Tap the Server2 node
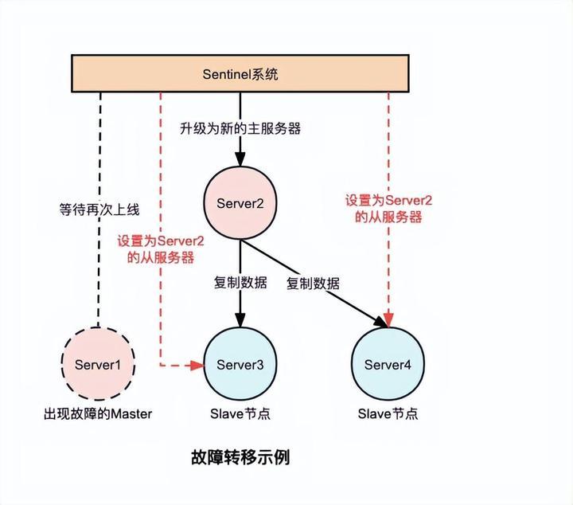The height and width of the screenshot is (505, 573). click(x=240, y=203)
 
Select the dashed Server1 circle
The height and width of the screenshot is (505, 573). click(x=99, y=365)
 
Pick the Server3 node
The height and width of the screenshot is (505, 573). click(x=240, y=365)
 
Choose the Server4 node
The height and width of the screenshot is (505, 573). click(x=388, y=365)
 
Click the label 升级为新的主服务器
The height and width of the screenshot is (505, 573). click(x=241, y=128)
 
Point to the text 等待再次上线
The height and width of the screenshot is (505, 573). click(x=99, y=210)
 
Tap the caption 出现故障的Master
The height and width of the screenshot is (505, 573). click(x=98, y=413)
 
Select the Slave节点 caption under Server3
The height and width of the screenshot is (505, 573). click(x=240, y=413)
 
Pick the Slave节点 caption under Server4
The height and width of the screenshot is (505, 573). click(x=388, y=413)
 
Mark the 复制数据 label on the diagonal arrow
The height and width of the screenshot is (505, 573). click(x=313, y=283)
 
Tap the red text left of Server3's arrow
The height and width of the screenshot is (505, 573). click(x=161, y=249)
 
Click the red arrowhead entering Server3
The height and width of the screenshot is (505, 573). click(x=198, y=365)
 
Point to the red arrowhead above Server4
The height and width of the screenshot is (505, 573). click(x=388, y=319)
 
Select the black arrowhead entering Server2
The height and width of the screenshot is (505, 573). click(x=240, y=159)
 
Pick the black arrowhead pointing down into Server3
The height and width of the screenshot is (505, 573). click(x=240, y=321)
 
